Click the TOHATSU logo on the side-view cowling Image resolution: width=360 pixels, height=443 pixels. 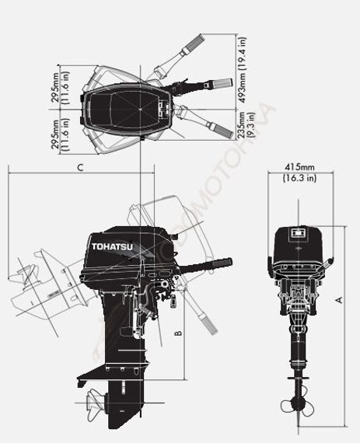pos(112,246)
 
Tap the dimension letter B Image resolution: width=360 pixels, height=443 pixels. pos(178,333)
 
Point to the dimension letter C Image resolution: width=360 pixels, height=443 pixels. pos(80,167)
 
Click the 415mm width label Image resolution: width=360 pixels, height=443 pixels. pos(299,167)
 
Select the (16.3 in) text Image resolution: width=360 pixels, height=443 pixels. pos(299,178)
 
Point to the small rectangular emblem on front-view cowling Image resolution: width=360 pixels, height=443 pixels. pos(296,231)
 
